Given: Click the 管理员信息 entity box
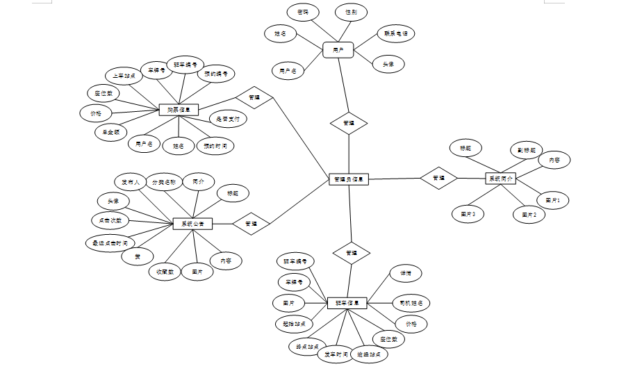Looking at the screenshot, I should click(348, 179).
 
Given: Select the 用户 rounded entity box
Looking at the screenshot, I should click(338, 50).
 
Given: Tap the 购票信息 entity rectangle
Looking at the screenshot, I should click(179, 109).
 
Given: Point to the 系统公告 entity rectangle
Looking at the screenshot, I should click(192, 224).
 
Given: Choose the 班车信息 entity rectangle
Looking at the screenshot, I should click(347, 303).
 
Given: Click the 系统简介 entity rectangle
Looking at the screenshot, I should click(500, 179).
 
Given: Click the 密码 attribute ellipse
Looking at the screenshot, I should click(303, 12).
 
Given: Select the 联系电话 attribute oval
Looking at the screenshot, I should click(395, 33).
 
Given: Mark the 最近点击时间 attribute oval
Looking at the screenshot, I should click(110, 243).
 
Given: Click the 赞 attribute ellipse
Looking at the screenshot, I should click(138, 256).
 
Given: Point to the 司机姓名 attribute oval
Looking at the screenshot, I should click(411, 303).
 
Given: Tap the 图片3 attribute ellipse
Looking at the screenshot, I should click(468, 214).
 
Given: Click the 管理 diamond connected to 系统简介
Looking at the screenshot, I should click(438, 178).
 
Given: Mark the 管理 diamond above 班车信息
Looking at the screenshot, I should click(351, 253).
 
